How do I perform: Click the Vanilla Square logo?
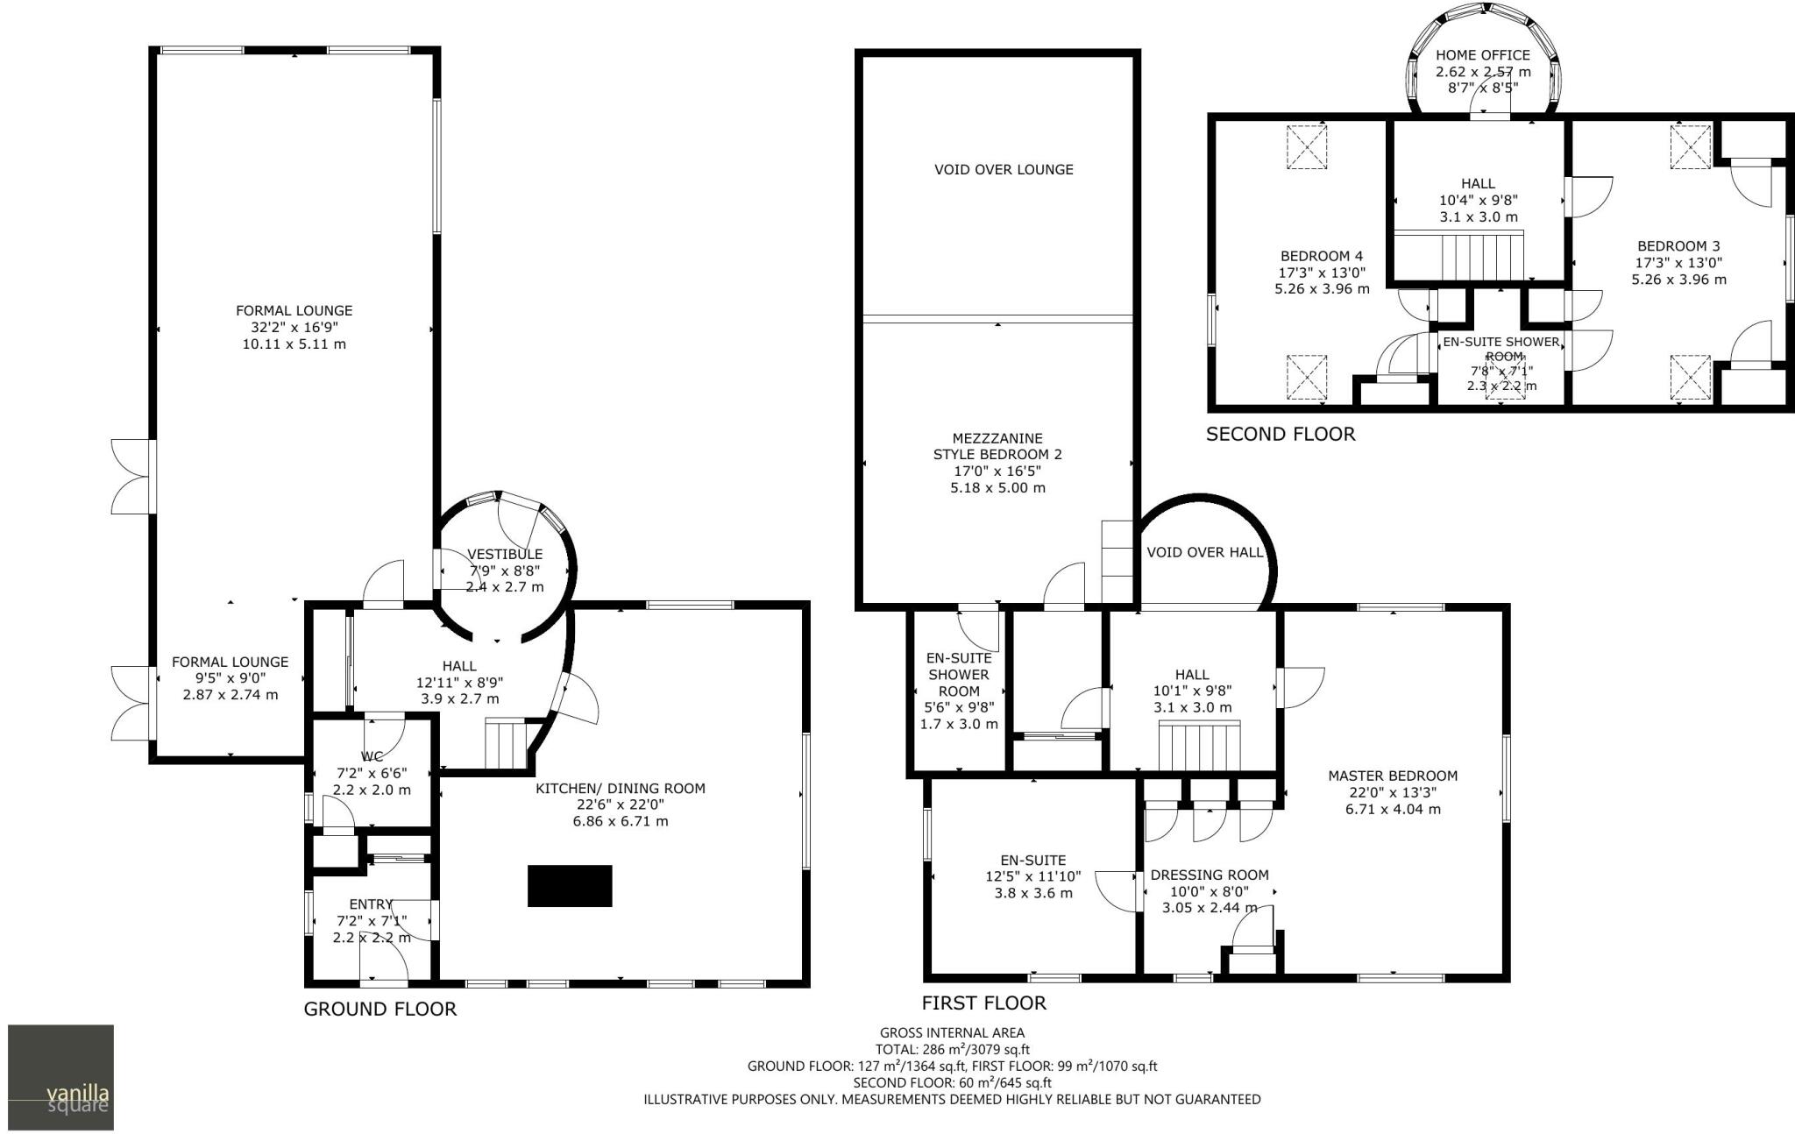[60, 1077]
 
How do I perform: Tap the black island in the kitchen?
[570, 885]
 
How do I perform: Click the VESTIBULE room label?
[505, 554]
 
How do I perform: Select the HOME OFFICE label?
[1483, 55]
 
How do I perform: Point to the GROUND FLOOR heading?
[380, 1009]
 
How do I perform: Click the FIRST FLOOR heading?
[984, 1003]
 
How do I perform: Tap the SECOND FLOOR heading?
[1281, 434]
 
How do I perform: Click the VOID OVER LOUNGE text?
[1004, 169]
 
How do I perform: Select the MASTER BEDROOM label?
[1393, 776]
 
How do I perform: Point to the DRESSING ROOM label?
[1210, 875]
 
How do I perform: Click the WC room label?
[372, 756]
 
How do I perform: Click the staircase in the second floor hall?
[1480, 256]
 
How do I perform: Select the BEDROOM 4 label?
[1322, 256]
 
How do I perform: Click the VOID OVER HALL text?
[1205, 552]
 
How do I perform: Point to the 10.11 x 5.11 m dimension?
[294, 344]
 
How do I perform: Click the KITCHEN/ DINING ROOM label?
[621, 789]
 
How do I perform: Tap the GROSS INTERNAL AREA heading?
[952, 1032]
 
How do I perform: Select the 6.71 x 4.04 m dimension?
[1393, 809]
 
